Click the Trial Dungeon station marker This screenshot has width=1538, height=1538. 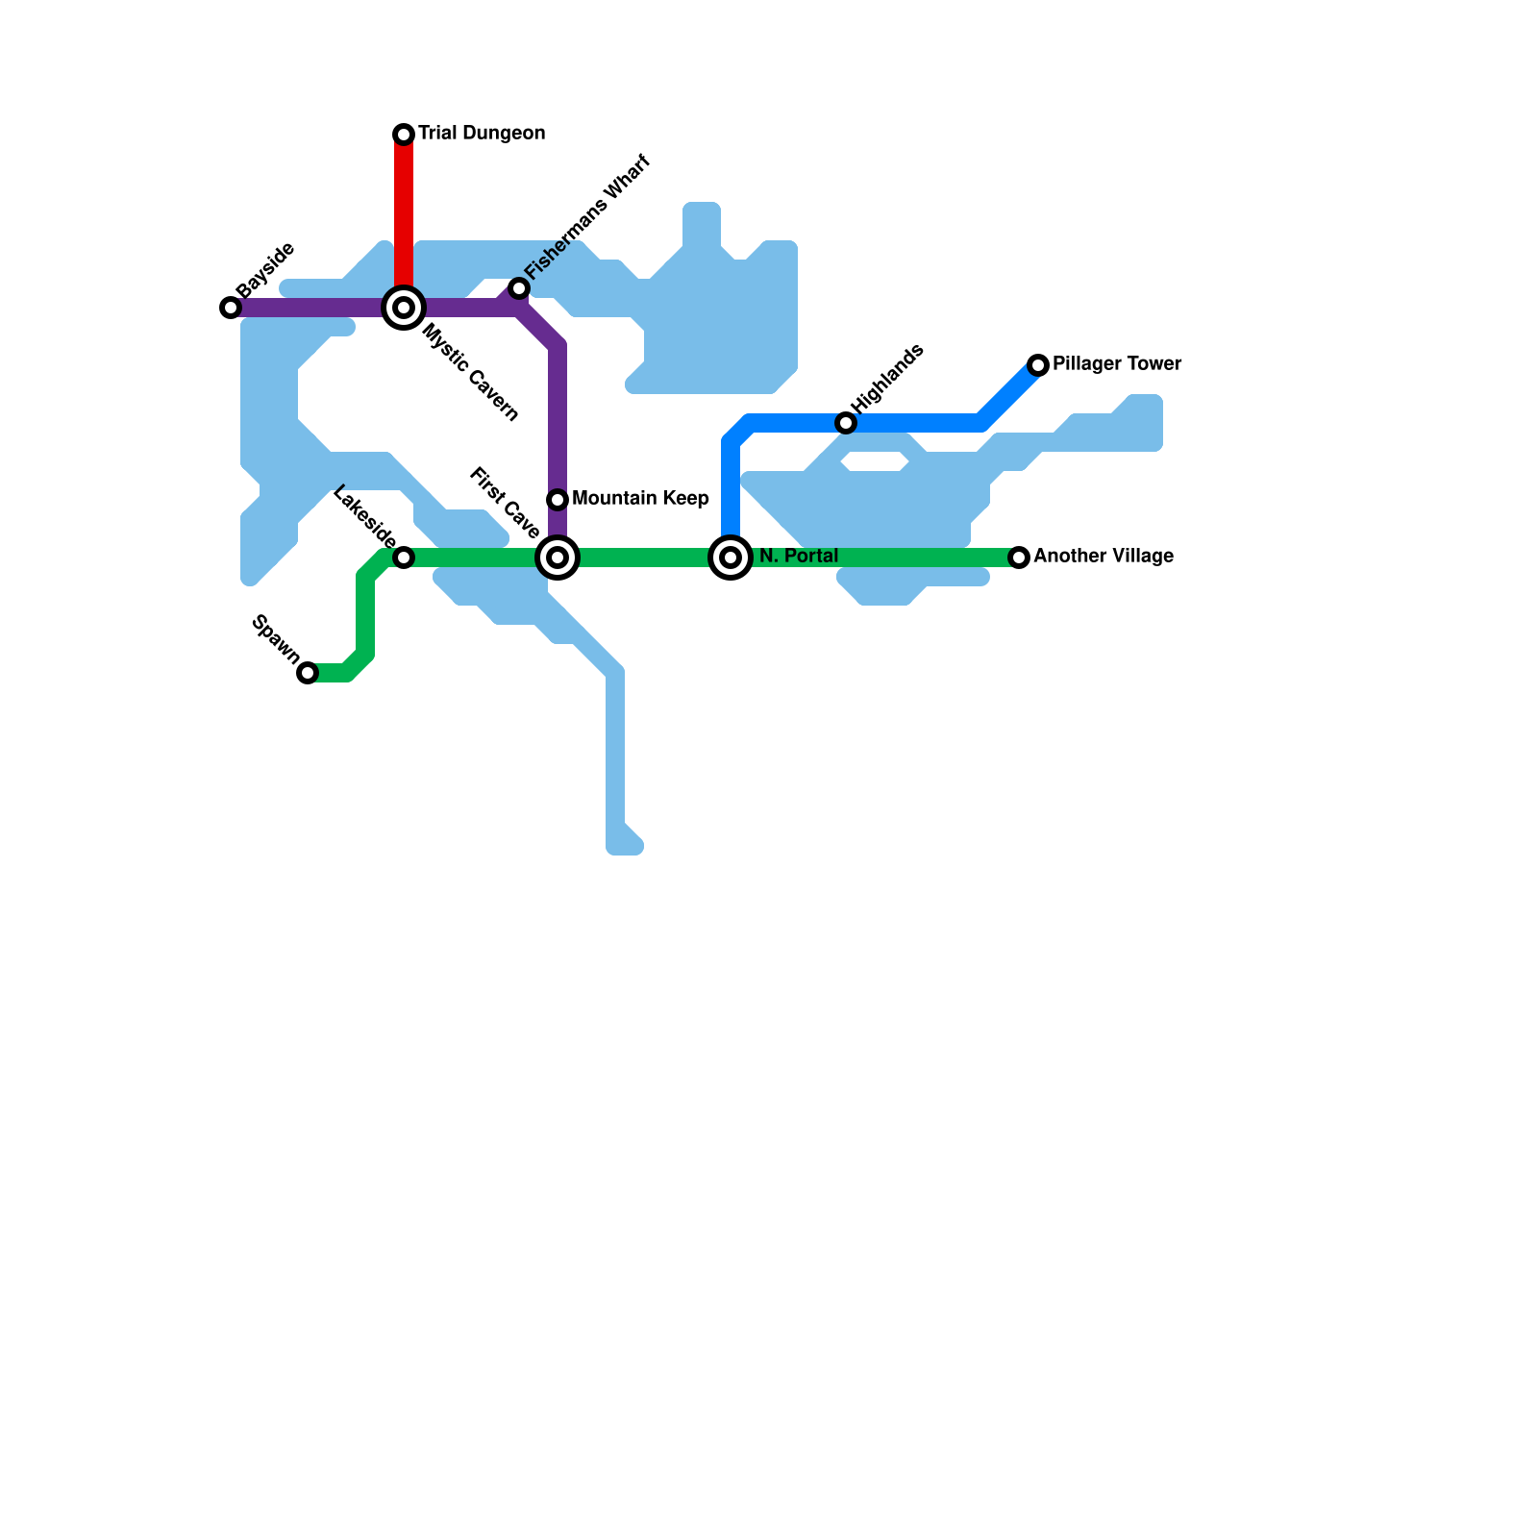click(x=404, y=135)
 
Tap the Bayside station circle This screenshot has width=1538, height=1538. click(x=231, y=308)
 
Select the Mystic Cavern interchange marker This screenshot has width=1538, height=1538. click(x=404, y=308)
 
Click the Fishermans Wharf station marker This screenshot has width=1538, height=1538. click(x=519, y=288)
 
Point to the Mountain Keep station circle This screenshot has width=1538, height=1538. click(x=558, y=500)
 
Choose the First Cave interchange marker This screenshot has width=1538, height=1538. click(x=558, y=558)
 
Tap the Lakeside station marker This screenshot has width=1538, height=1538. click(x=404, y=558)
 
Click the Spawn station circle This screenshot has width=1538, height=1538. click(x=308, y=673)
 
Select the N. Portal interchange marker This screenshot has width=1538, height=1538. click(x=731, y=558)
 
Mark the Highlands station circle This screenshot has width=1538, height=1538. click(x=846, y=423)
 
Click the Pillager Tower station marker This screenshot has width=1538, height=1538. click(x=1038, y=365)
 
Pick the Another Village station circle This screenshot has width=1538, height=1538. click(x=1019, y=558)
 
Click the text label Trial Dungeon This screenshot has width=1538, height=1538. click(x=482, y=134)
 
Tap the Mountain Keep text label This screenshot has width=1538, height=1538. click(x=640, y=499)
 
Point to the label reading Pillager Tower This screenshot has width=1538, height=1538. click(x=1117, y=364)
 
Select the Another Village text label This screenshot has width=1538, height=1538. click(x=1104, y=557)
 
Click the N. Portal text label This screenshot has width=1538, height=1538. click(x=799, y=557)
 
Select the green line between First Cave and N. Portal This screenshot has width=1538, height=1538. click(x=644, y=558)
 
